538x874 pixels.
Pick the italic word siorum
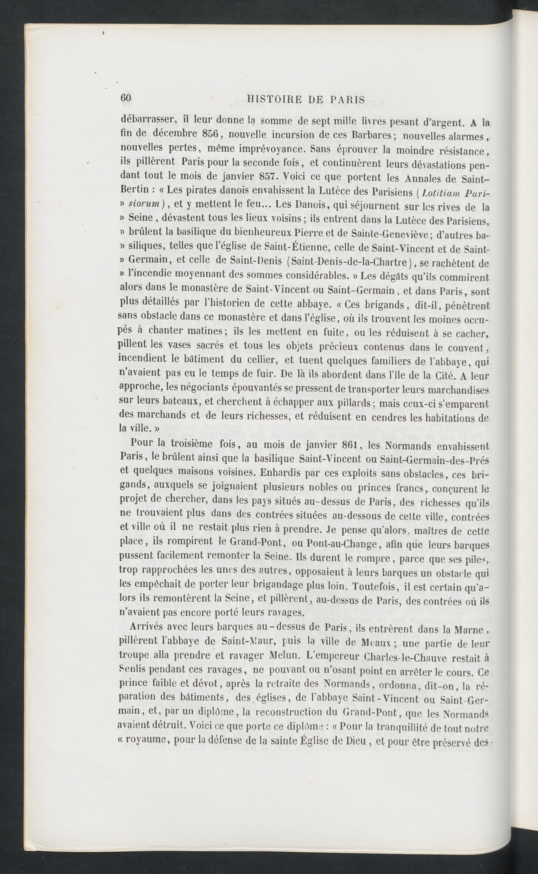(142, 206)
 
